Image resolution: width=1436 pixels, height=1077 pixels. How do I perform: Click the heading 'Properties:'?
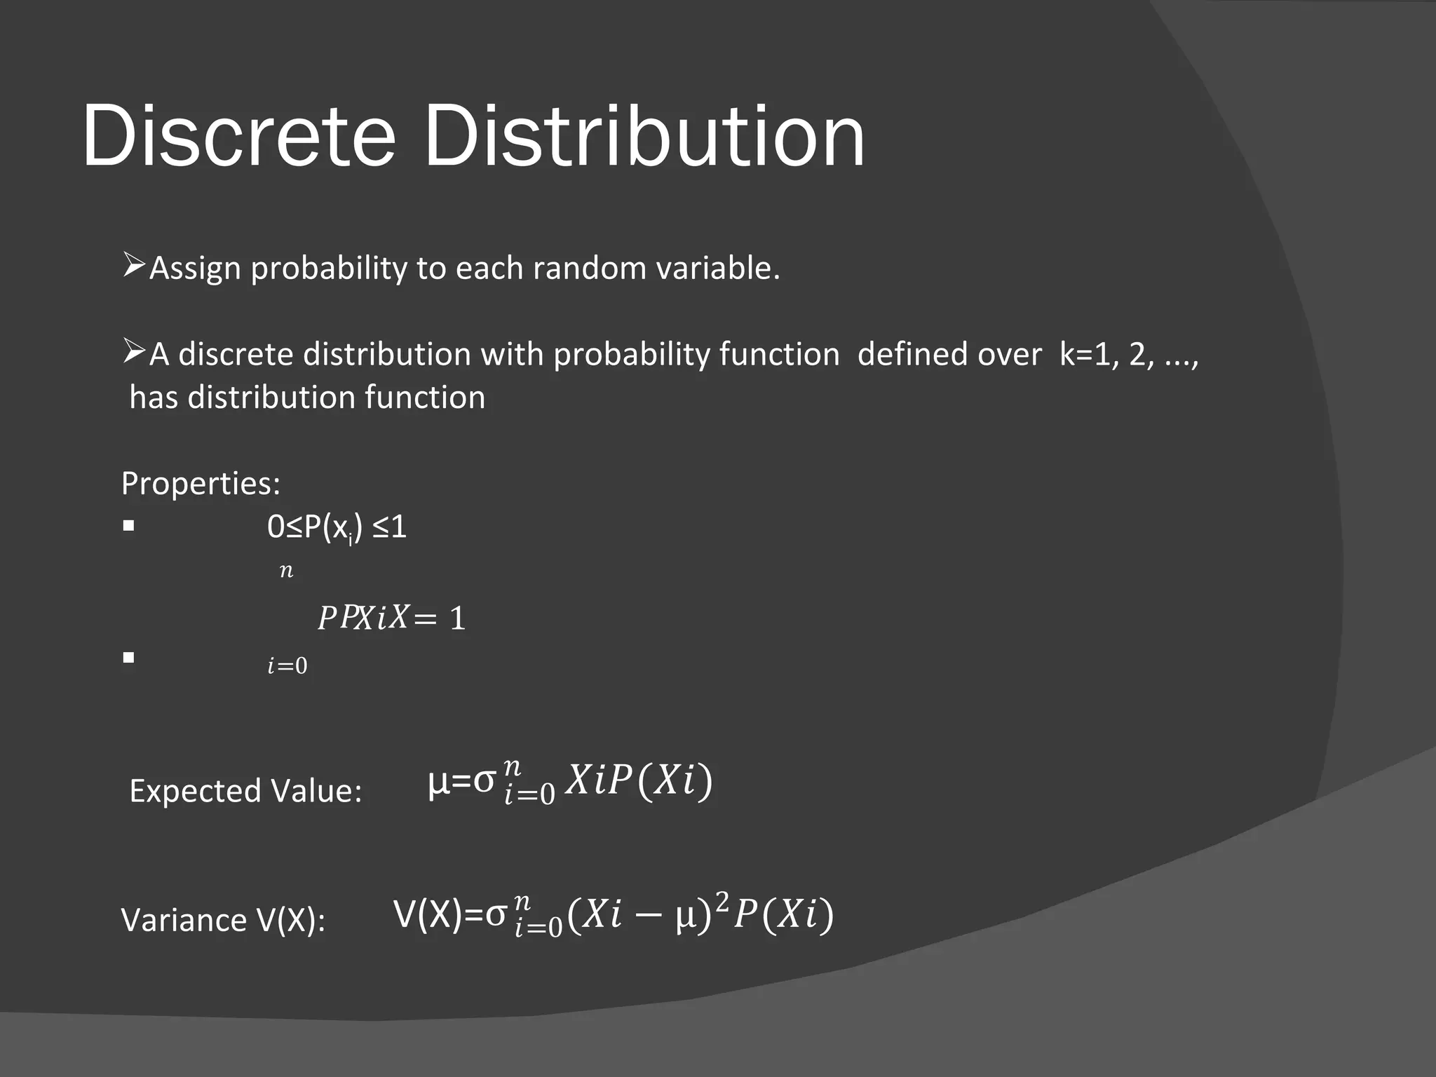tap(201, 484)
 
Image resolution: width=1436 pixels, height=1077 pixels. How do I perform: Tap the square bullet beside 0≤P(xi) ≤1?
tap(128, 526)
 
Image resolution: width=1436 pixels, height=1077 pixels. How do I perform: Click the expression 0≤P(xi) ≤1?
tap(337, 527)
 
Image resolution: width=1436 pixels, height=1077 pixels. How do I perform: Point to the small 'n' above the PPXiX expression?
tap(286, 571)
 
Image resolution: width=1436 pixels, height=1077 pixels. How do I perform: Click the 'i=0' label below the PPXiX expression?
tap(287, 665)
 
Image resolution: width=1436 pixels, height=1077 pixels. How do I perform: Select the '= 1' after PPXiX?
tap(440, 618)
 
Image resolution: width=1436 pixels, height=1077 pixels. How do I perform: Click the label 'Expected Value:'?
tap(245, 791)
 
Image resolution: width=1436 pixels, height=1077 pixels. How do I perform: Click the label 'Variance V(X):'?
tap(223, 920)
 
